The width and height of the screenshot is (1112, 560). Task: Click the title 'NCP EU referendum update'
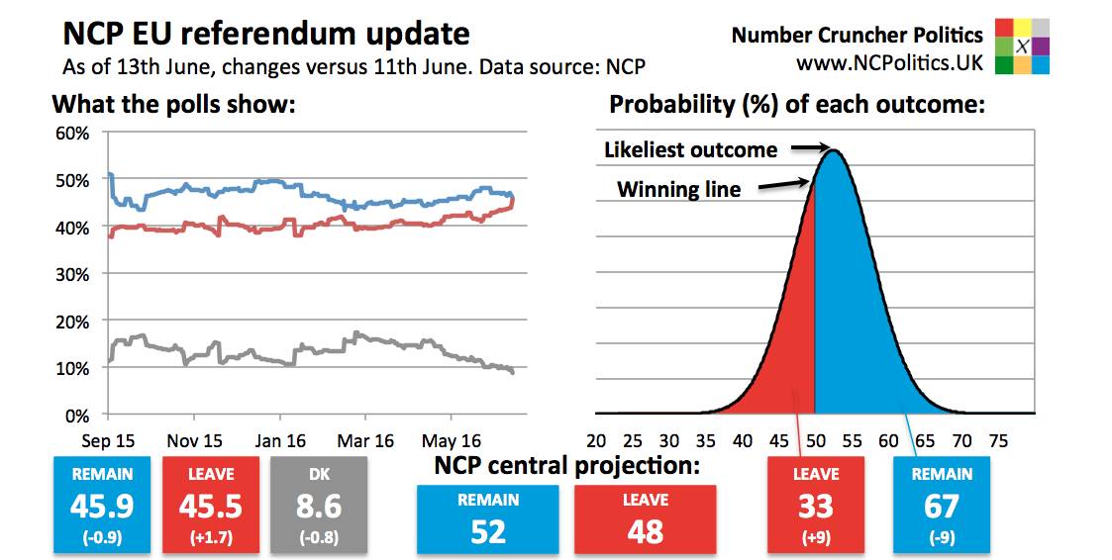[x=266, y=35]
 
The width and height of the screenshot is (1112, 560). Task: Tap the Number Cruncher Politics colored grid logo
[x=1022, y=47]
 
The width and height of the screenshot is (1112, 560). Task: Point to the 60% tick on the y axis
[x=76, y=134]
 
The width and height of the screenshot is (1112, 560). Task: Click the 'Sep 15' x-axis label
[x=109, y=440]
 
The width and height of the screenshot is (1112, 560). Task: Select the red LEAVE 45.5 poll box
[x=210, y=504]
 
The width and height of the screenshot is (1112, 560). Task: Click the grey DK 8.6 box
[x=318, y=504]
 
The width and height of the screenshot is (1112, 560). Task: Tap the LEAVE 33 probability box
[x=815, y=504]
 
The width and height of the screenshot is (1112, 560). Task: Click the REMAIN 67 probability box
[x=942, y=504]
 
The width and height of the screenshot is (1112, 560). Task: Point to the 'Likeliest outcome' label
[x=690, y=150]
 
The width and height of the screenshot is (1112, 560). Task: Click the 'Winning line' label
[x=678, y=189]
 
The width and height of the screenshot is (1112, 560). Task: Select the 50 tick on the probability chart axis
[x=815, y=440]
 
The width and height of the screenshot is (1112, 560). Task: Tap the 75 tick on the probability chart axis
[x=998, y=440]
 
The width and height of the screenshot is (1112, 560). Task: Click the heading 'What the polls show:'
[x=174, y=104]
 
